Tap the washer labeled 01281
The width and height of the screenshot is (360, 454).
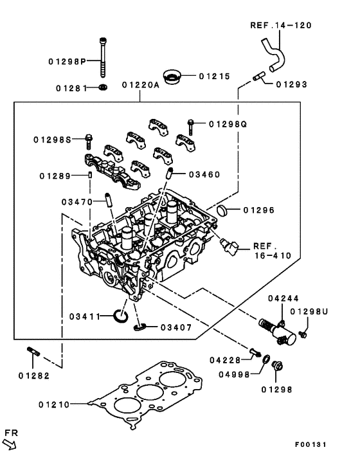(104, 87)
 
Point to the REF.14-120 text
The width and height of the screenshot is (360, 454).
(280, 26)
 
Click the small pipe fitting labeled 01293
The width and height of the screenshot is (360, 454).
(258, 78)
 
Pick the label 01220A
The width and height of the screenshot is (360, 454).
(140, 85)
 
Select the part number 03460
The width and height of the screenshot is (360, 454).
(205, 174)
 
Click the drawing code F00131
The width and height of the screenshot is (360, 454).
(312, 444)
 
